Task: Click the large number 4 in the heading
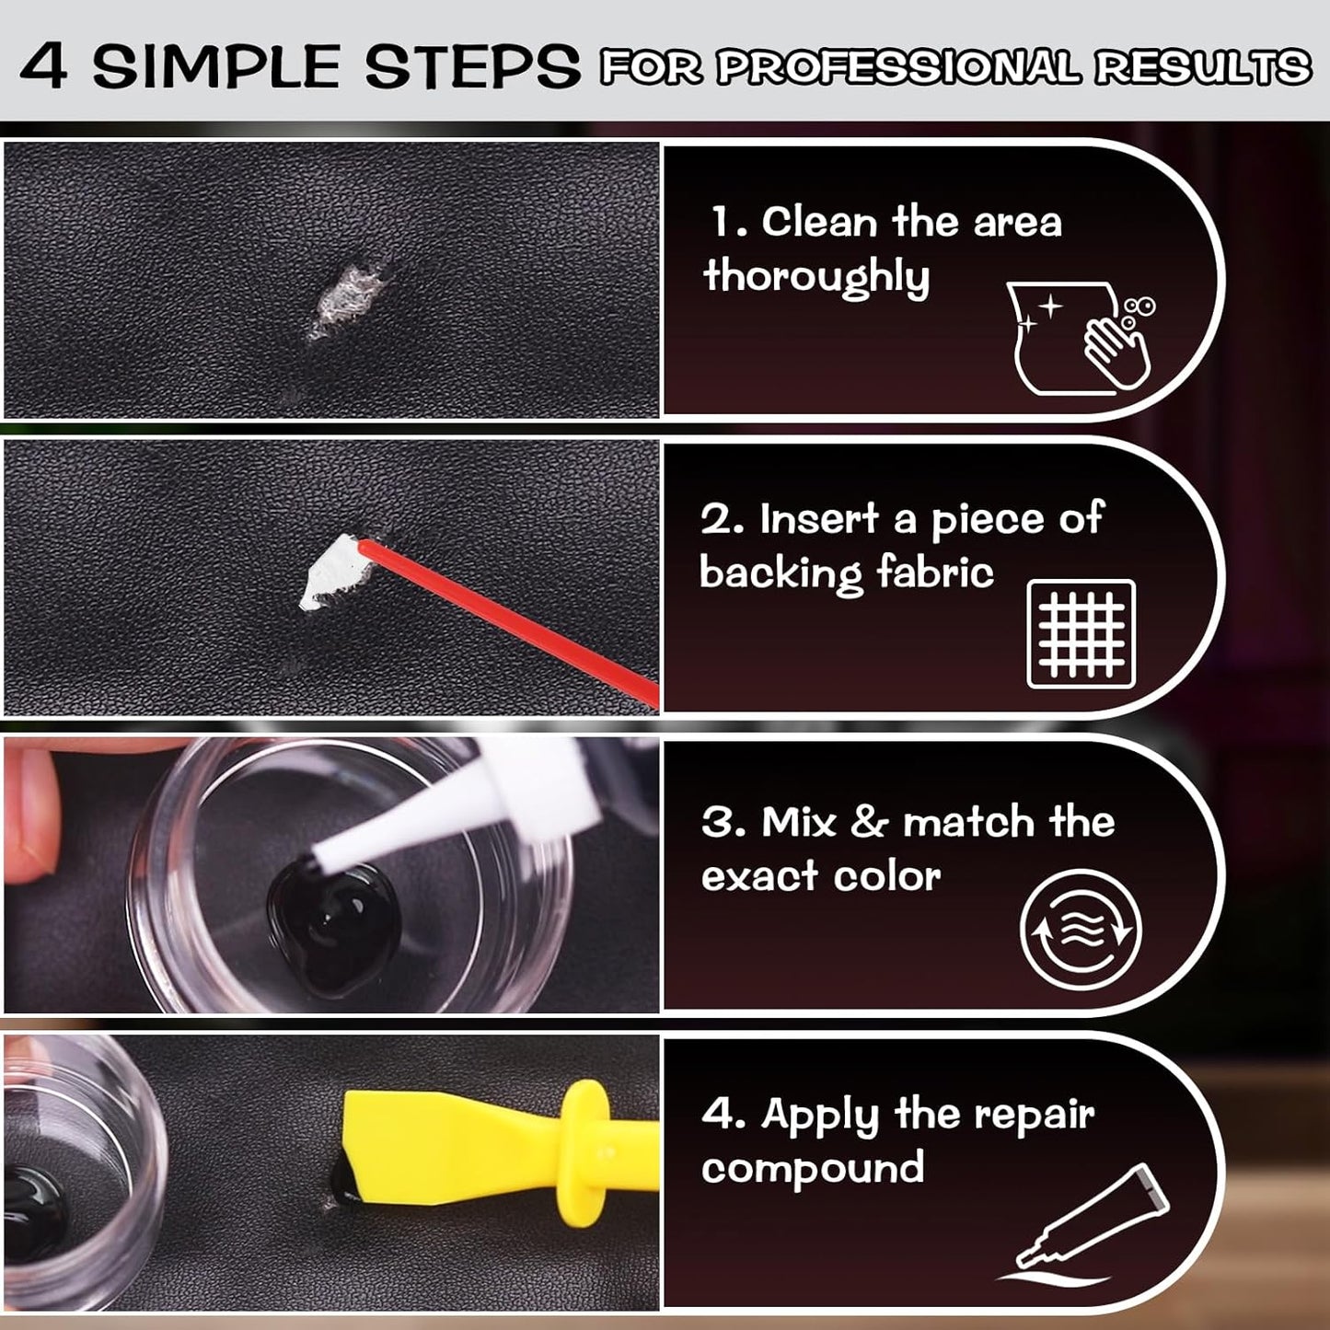[43, 66]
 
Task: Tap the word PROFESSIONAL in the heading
[898, 68]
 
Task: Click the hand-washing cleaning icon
[1082, 339]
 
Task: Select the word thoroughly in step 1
[816, 276]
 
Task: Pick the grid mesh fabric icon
[1081, 634]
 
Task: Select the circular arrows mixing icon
[1081, 930]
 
